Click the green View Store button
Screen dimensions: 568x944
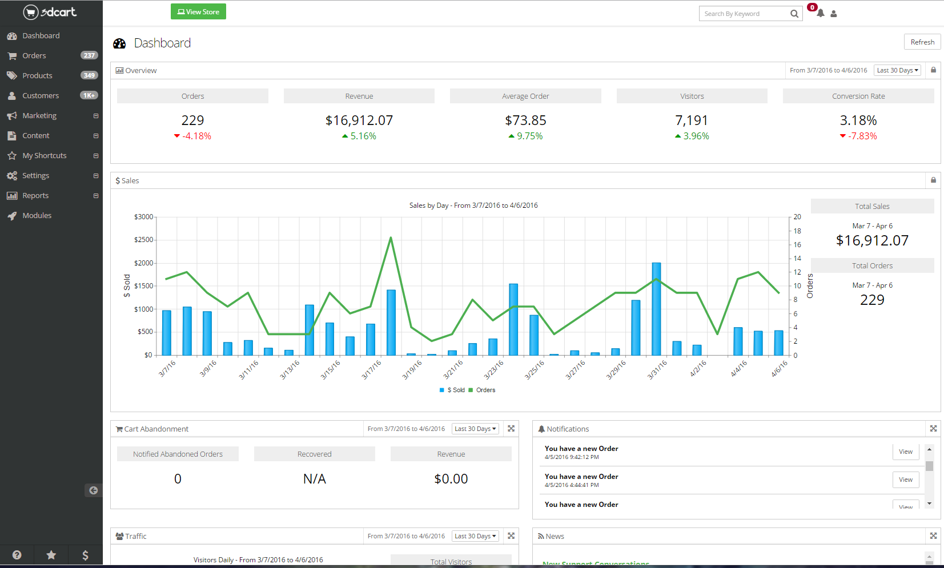tap(198, 12)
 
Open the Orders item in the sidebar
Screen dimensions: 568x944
tap(34, 56)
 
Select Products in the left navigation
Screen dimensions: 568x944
tap(37, 76)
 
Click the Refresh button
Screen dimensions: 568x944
tap(922, 42)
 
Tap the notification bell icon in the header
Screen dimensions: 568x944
tap(820, 13)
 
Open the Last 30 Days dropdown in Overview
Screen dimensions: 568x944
tap(897, 71)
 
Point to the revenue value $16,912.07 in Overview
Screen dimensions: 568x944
tap(359, 120)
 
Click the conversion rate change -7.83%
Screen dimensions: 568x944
tap(862, 136)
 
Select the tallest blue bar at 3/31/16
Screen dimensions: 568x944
tap(656, 308)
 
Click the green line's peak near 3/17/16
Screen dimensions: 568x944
tap(391, 238)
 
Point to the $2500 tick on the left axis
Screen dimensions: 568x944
tap(144, 240)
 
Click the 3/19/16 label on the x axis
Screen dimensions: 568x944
tap(412, 369)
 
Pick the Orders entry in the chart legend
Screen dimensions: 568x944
tap(485, 390)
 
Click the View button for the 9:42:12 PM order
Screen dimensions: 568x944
tap(905, 452)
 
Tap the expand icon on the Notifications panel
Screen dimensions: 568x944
tap(933, 429)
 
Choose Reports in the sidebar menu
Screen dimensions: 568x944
tap(35, 196)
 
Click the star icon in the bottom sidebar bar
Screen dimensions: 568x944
tap(51, 555)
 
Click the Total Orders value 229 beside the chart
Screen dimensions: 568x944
tap(872, 300)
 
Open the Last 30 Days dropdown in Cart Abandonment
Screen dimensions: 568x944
tap(475, 429)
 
